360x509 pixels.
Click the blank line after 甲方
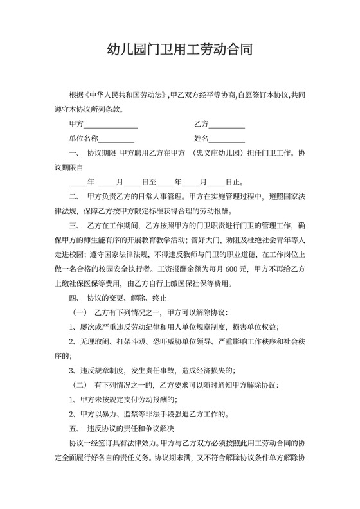(x=111, y=123)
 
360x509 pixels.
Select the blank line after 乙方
(x=227, y=123)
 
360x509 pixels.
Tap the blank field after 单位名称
(x=116, y=138)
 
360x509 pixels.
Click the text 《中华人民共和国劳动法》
(x=129, y=94)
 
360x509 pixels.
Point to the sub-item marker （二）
(x=80, y=384)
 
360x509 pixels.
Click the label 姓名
(x=201, y=138)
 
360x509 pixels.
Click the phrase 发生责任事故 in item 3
(x=140, y=370)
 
